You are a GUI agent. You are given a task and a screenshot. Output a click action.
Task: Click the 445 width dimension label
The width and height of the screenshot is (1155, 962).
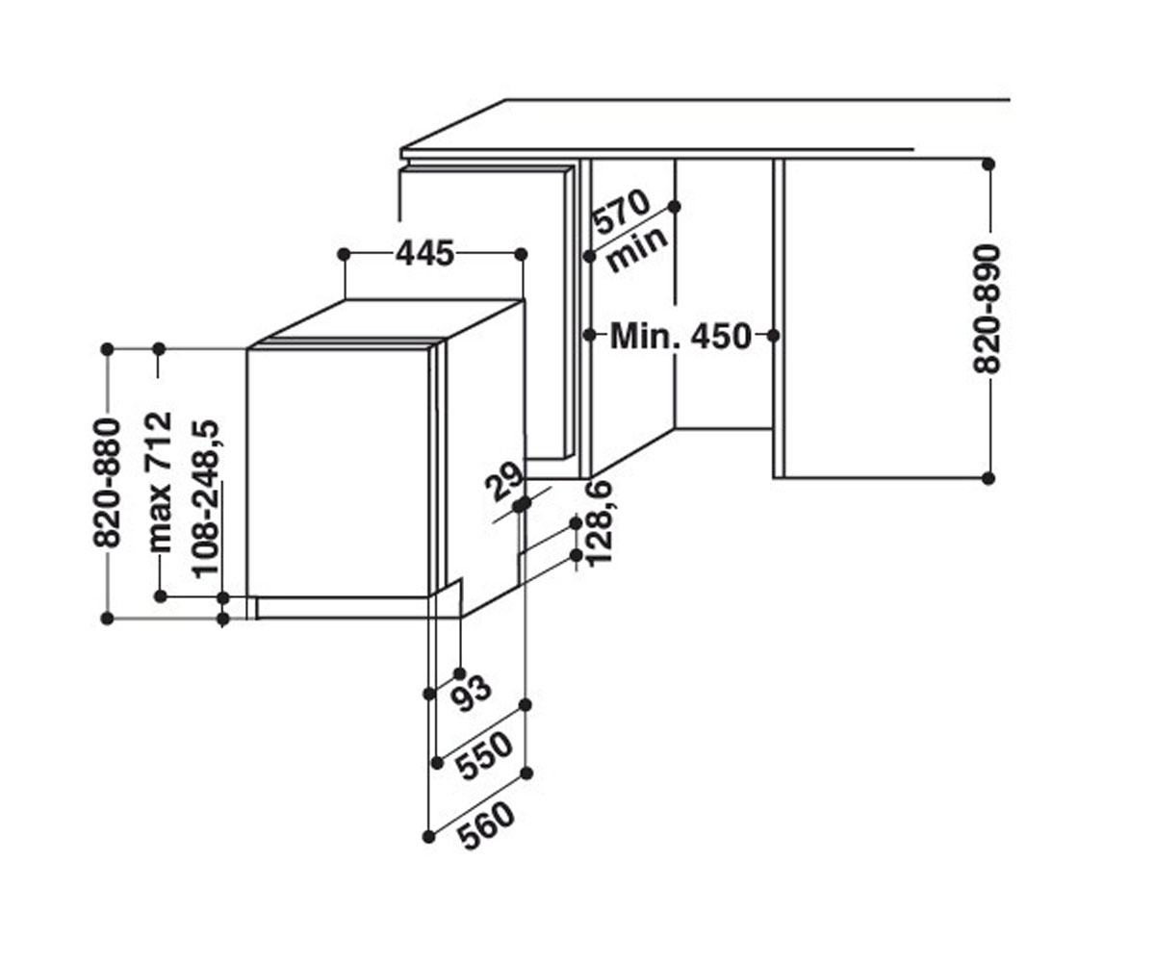click(424, 253)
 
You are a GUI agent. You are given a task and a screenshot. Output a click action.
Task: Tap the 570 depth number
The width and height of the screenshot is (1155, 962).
click(621, 212)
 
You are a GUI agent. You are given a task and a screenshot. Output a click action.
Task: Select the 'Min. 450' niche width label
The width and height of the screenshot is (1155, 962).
click(680, 336)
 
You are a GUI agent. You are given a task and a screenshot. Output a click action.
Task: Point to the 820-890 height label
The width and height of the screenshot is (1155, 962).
click(987, 309)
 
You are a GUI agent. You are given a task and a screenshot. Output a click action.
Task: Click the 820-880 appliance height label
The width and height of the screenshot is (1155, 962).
click(106, 483)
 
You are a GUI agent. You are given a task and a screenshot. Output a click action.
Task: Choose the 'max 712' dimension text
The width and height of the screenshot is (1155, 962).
click(161, 482)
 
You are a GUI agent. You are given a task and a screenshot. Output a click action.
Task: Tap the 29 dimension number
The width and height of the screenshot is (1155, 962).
click(503, 481)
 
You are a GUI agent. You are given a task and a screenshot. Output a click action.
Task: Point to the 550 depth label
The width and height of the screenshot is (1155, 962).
click(484, 755)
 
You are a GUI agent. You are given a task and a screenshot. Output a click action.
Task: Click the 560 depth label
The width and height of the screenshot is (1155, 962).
click(487, 826)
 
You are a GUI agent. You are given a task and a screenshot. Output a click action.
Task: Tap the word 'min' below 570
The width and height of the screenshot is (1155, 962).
click(637, 249)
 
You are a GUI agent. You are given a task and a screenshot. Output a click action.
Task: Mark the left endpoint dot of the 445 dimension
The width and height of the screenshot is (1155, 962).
click(344, 254)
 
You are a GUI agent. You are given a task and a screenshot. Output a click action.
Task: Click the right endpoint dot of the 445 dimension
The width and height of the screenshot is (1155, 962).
click(521, 254)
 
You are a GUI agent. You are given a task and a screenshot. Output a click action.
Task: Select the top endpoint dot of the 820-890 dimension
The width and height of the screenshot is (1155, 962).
click(988, 165)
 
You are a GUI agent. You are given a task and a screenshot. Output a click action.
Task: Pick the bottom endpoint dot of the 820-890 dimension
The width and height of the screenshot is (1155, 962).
click(988, 478)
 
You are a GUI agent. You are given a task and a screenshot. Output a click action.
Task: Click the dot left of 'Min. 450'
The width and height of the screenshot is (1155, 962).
click(590, 335)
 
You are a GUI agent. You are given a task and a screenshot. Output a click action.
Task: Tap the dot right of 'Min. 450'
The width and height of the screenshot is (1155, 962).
click(774, 335)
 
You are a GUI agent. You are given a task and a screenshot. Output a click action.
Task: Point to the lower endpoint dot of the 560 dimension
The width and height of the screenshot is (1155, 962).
click(428, 837)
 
